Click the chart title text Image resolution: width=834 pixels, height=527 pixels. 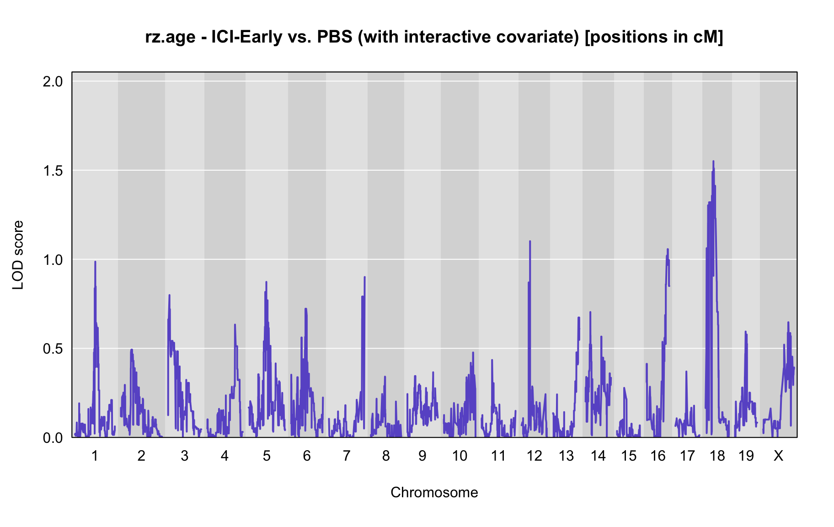pyautogui.click(x=434, y=37)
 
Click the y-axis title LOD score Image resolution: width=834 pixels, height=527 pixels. pyautogui.click(x=18, y=255)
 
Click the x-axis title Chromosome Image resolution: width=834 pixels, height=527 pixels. pyautogui.click(x=434, y=492)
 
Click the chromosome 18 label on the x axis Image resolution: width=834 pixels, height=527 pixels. pyautogui.click(x=717, y=456)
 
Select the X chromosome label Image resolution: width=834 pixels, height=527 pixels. pyautogui.click(x=778, y=456)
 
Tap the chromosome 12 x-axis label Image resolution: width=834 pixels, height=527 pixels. pyautogui.click(x=534, y=456)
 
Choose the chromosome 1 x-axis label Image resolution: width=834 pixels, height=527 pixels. pyautogui.click(x=95, y=456)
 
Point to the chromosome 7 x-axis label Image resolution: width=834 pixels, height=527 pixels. pyautogui.click(x=347, y=456)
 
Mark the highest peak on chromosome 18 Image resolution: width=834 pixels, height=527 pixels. pyautogui.click(x=713, y=161)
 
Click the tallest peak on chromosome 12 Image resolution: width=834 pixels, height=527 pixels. pyautogui.click(x=530, y=241)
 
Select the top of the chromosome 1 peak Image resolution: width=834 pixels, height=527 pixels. pyautogui.click(x=95, y=261)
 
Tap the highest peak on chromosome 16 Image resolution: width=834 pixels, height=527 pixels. pyautogui.click(x=668, y=249)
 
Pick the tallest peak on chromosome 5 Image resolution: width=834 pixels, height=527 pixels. pyautogui.click(x=266, y=282)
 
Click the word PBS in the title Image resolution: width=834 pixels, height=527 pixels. pyautogui.click(x=335, y=37)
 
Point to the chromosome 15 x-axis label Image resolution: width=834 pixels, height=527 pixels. pyautogui.click(x=629, y=456)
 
